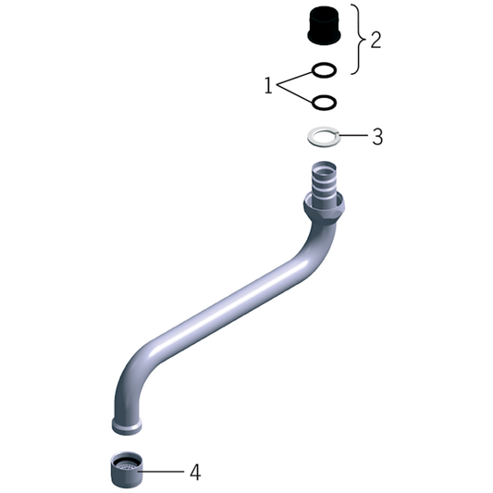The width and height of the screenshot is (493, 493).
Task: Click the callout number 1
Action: coord(268,86)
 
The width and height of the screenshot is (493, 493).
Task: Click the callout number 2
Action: coord(376,41)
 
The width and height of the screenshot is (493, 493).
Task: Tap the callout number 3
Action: coord(377,137)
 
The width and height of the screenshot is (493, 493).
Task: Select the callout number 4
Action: coord(195,473)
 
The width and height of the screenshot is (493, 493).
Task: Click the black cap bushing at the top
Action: coord(324,25)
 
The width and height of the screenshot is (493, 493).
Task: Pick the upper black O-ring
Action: coord(324,69)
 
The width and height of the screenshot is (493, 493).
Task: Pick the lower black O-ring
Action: coord(324,102)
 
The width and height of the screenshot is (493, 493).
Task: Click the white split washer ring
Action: coord(323,136)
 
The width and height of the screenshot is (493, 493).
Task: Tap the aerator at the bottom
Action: coord(127,470)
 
